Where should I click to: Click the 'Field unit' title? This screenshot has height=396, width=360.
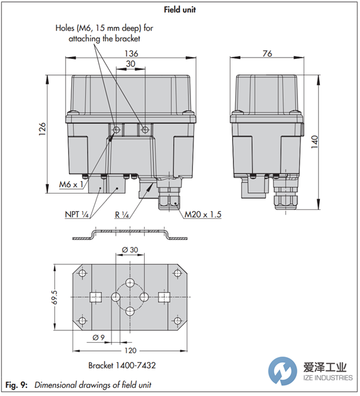click(180, 9)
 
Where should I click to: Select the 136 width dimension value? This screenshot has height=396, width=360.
click(131, 53)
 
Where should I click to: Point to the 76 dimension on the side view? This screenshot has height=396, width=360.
click(267, 53)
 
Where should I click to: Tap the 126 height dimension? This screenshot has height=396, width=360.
click(42, 129)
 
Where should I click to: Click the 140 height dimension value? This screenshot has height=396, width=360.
click(314, 142)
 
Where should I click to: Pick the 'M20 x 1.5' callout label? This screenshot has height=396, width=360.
click(203, 214)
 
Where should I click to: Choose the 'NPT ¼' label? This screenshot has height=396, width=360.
click(76, 214)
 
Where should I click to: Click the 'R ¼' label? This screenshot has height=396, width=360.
click(122, 215)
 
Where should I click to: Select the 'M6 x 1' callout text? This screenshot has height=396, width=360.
click(71, 184)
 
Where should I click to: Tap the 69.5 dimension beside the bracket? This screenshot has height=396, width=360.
click(54, 297)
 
